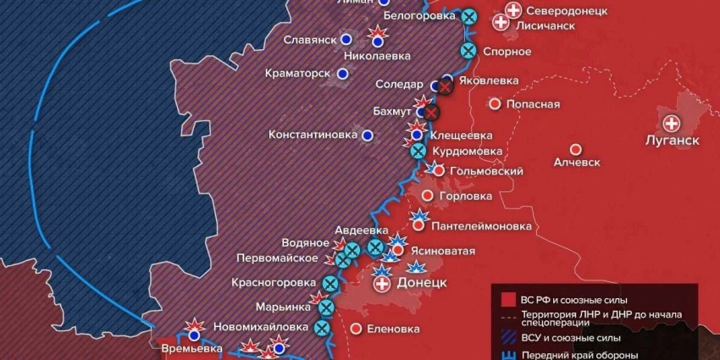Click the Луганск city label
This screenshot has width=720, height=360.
672,140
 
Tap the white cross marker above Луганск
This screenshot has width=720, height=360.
672,122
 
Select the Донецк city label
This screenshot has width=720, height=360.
421,282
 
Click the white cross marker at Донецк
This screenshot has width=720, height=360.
383,284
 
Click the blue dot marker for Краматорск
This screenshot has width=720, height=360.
342,74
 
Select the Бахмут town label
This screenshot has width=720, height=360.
392,111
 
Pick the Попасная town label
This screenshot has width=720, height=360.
533,104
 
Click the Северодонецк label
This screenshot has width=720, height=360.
567,11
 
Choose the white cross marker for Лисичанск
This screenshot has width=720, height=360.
501,23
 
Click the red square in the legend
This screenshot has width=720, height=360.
508,299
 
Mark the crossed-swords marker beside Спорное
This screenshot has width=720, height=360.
467,51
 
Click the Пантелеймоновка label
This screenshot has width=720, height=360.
481,226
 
